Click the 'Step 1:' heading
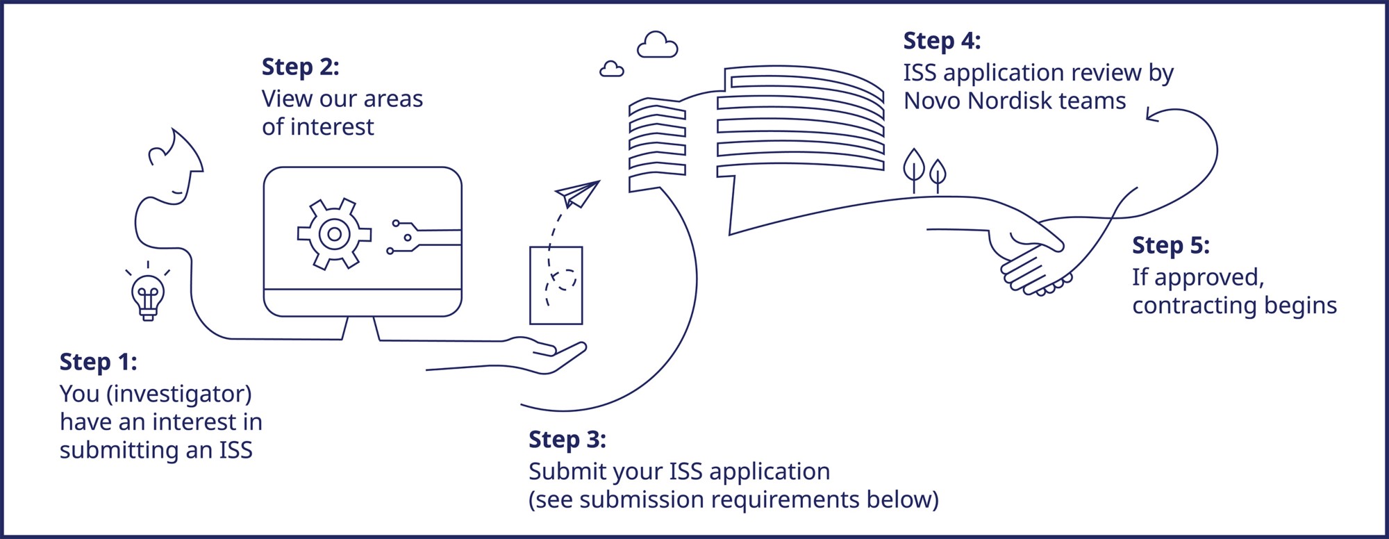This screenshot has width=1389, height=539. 98,363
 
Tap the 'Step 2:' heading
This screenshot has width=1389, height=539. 300,67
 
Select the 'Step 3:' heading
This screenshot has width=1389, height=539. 567,440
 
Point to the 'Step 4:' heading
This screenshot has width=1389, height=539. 941,41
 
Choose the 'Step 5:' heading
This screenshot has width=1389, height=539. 1170,246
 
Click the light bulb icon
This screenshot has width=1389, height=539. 148,296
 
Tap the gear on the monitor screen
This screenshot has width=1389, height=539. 334,235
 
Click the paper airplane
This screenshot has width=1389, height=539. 578,194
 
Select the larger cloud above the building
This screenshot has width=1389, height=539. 657,46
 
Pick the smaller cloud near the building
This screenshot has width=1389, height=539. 611,69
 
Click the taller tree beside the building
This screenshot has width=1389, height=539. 914,167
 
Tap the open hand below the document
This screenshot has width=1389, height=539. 549,353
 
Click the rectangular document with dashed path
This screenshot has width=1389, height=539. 556,285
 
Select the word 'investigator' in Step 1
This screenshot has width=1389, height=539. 178,395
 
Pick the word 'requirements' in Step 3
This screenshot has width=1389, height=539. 785,500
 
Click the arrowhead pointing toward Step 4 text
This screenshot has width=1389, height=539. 1152,115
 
